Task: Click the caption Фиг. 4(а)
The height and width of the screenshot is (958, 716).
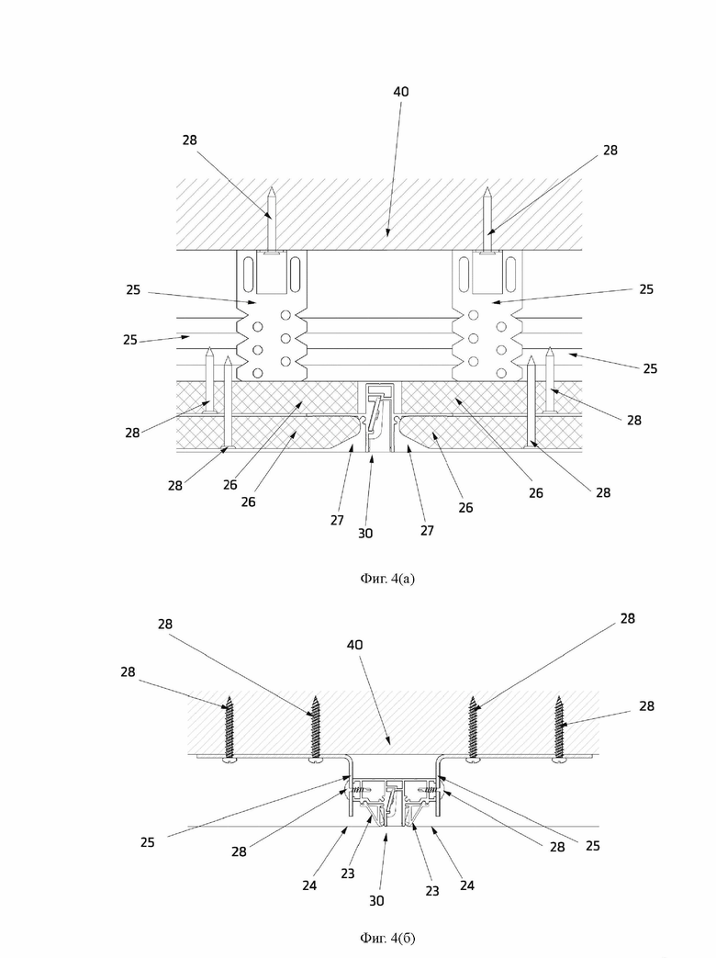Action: tap(387, 578)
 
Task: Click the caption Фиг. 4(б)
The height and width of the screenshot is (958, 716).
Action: tap(387, 937)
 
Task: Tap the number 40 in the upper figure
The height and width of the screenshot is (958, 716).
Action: tap(400, 92)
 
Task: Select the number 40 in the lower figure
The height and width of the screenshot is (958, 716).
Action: tap(354, 645)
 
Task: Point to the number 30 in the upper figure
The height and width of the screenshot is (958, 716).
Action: tap(365, 534)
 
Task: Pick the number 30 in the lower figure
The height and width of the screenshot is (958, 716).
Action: tap(376, 900)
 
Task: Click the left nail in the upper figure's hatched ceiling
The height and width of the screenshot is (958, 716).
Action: tap(273, 221)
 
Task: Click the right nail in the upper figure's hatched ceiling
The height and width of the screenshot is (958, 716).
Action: tap(487, 221)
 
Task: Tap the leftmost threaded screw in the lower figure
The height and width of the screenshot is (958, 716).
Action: tap(230, 729)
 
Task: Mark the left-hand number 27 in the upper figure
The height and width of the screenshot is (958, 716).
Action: tap(337, 520)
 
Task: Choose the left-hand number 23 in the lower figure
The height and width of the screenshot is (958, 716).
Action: tap(347, 873)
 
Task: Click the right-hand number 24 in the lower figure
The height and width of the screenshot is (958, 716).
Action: tap(467, 885)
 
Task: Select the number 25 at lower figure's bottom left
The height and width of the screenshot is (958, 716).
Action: tap(147, 842)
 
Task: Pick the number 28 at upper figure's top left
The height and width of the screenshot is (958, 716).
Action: tap(190, 140)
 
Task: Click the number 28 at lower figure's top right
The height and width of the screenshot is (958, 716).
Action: tap(628, 618)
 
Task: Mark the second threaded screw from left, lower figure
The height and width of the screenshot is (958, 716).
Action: tap(316, 729)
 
